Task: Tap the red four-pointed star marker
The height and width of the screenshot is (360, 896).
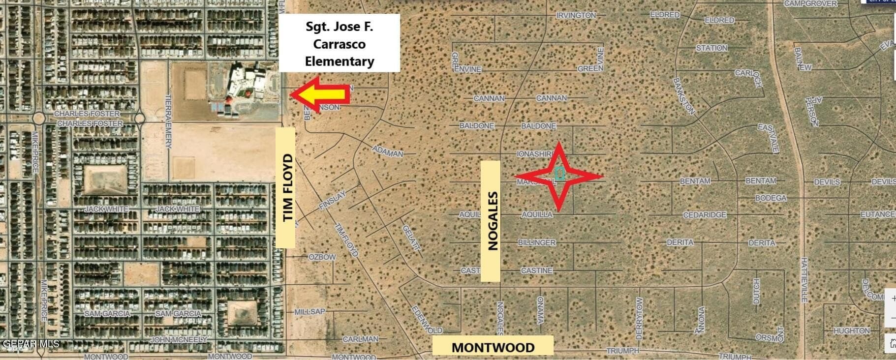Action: point(559,176)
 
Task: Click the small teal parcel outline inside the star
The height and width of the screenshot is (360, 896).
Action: point(559,174)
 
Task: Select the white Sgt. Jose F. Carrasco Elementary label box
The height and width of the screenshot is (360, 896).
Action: point(339,43)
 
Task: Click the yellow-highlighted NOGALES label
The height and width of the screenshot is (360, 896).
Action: point(491,221)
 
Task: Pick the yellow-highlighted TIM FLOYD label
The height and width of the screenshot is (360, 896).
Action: point(285,187)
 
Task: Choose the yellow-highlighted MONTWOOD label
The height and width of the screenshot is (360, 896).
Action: point(493,347)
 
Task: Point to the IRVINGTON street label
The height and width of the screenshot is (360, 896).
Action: point(576,15)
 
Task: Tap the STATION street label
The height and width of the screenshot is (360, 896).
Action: point(711,48)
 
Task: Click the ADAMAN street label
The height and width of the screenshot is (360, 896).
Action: point(388,151)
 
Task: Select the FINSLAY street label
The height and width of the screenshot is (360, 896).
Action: point(333,201)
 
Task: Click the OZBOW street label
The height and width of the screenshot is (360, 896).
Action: point(322,257)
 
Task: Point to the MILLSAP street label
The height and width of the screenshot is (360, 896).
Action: point(309,312)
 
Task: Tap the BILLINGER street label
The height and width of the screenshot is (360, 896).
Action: point(537,242)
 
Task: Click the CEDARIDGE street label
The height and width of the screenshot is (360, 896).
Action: point(705,215)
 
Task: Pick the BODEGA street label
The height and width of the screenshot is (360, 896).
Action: point(771,198)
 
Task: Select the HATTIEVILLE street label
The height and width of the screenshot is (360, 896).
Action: point(804,279)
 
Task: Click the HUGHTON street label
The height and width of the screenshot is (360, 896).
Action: point(851,331)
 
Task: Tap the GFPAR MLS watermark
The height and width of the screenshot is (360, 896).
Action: point(31,343)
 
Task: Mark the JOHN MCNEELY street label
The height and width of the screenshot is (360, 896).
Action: point(179,339)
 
